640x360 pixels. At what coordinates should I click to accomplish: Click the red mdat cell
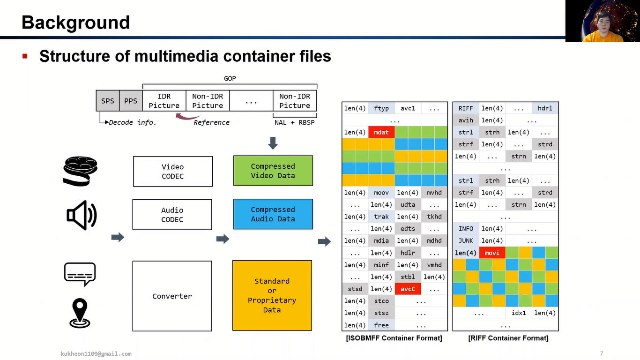pos(381,132)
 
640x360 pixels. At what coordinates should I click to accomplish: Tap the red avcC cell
pos(408,289)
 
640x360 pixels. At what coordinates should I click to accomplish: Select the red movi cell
pos(492,253)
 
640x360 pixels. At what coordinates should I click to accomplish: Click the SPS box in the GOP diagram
pos(108,101)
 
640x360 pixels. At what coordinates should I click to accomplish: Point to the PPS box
pos(131,101)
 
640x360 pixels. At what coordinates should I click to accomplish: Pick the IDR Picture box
pos(164,101)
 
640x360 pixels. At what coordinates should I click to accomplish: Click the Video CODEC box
pos(172,171)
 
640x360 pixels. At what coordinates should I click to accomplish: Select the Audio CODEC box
pos(172,215)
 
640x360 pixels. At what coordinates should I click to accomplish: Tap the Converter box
pos(172,296)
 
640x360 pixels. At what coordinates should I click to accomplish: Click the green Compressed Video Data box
pos(273,171)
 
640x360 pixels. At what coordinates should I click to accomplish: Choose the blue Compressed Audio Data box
pos(273,214)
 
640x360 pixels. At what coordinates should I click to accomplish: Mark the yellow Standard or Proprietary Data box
pos(272,295)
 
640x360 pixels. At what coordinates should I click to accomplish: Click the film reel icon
pos(80,171)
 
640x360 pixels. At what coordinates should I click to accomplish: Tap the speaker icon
pos(82,215)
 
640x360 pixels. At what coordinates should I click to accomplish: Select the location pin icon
pos(80,313)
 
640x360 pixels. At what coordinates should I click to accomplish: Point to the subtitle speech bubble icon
pos(80,274)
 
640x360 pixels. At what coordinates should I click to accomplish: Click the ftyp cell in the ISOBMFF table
pos(381,108)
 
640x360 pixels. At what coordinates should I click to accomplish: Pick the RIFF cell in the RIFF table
pos(466,108)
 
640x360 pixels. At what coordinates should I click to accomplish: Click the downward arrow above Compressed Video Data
pos(273,143)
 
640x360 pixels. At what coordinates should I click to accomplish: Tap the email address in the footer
pos(96,354)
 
